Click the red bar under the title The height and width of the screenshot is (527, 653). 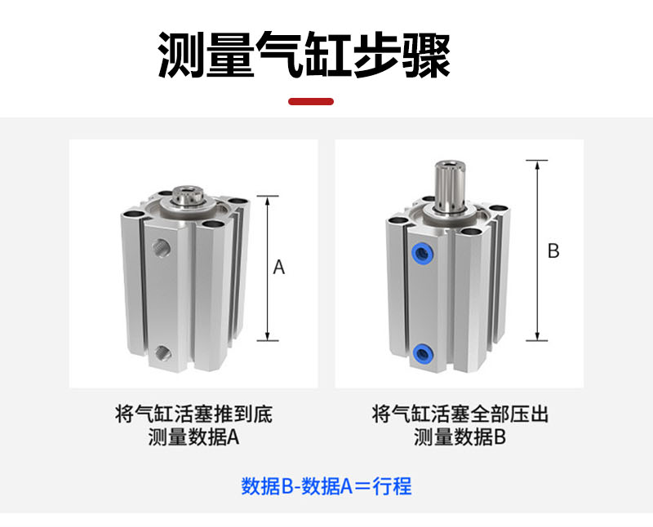tap(311, 102)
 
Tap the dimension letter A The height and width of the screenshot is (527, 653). tap(279, 268)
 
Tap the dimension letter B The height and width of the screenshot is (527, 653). tap(553, 251)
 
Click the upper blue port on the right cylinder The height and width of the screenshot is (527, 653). tap(422, 252)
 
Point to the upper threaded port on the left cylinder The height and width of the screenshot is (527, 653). tap(161, 248)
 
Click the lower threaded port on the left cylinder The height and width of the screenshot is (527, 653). tap(162, 353)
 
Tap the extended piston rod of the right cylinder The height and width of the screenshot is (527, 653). tap(451, 186)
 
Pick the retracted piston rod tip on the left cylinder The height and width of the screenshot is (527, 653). tap(189, 195)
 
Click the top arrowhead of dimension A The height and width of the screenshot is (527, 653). tap(268, 201)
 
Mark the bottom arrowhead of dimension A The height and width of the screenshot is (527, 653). tap(268, 335)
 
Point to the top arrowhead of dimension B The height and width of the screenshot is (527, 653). tap(537, 166)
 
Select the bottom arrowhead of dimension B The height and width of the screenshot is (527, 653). tap(537, 335)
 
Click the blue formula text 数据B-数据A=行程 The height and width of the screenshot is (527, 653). tap(326, 485)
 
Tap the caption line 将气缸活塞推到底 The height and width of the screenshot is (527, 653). tap(193, 414)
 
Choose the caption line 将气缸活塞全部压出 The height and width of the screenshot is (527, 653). tap(460, 414)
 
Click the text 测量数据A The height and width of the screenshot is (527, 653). tap(193, 437)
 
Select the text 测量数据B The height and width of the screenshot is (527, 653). tap(460, 437)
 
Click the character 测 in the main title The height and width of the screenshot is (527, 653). tap(182, 55)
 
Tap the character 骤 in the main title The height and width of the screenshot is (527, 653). tap(426, 55)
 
